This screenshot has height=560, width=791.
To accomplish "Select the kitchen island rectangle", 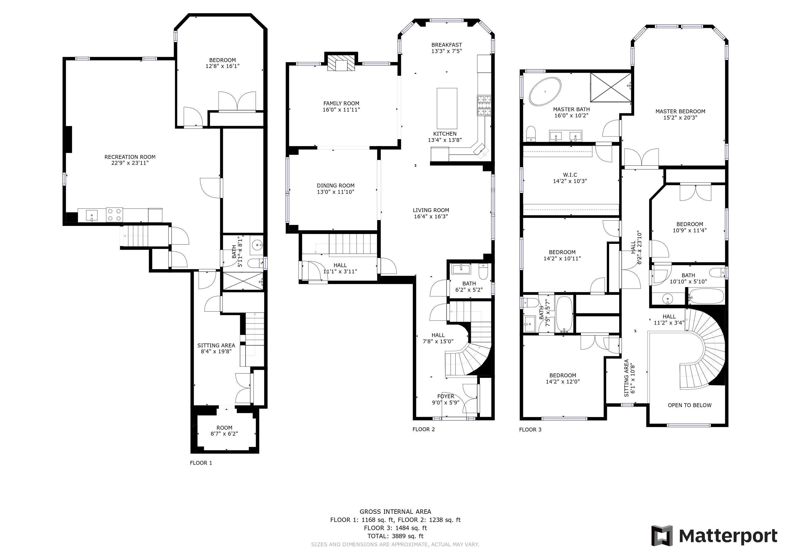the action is click(x=447, y=108).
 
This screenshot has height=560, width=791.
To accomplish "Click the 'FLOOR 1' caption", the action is click(x=201, y=463).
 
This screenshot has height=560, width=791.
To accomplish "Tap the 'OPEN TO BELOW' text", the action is click(x=689, y=405).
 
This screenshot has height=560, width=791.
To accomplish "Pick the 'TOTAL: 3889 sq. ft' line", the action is click(x=395, y=536).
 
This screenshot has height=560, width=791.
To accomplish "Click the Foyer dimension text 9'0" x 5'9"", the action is click(x=446, y=402).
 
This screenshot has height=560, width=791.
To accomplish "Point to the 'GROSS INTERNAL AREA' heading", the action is click(x=395, y=512).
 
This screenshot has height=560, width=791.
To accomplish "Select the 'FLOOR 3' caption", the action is click(x=530, y=430).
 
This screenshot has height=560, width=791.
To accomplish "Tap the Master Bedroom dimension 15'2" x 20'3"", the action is click(x=680, y=118).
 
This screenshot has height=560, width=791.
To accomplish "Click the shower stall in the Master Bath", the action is click(x=611, y=87).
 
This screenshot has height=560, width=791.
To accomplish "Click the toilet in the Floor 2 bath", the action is click(x=484, y=271).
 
